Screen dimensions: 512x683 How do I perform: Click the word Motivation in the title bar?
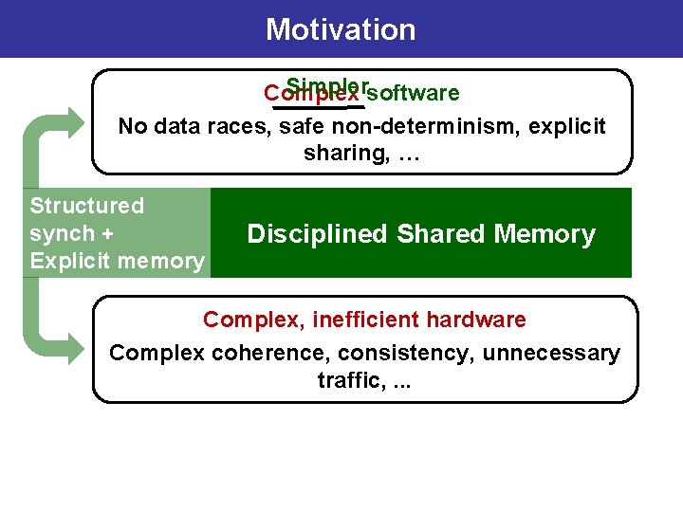coord(341,29)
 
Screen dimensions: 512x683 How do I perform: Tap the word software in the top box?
coord(413,94)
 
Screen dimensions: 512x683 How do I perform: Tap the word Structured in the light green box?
coord(87,206)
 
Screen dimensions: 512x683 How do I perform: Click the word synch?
coord(63,233)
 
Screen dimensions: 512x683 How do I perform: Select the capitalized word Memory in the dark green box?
coord(546,234)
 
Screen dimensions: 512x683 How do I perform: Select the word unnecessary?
coord(551,354)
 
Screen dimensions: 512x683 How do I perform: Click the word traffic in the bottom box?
coord(343,381)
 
